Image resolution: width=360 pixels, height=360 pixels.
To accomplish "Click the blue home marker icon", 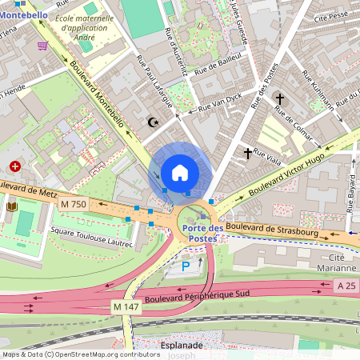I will (180, 172).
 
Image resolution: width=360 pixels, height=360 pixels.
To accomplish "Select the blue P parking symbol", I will (186, 266).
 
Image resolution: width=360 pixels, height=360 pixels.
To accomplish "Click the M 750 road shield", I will (73, 204).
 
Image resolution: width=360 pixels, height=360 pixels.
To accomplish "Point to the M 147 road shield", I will (125, 307).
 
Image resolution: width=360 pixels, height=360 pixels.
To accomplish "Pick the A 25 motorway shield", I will (346, 286).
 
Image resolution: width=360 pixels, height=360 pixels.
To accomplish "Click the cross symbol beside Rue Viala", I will (248, 152).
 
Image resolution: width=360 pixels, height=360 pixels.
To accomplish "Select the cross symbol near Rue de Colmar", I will (279, 99).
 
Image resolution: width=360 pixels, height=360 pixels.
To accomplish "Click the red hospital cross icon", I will (15, 167).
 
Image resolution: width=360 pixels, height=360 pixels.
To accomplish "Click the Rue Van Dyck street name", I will (219, 102).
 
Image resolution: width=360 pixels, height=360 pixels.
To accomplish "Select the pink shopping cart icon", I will (42, 46).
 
